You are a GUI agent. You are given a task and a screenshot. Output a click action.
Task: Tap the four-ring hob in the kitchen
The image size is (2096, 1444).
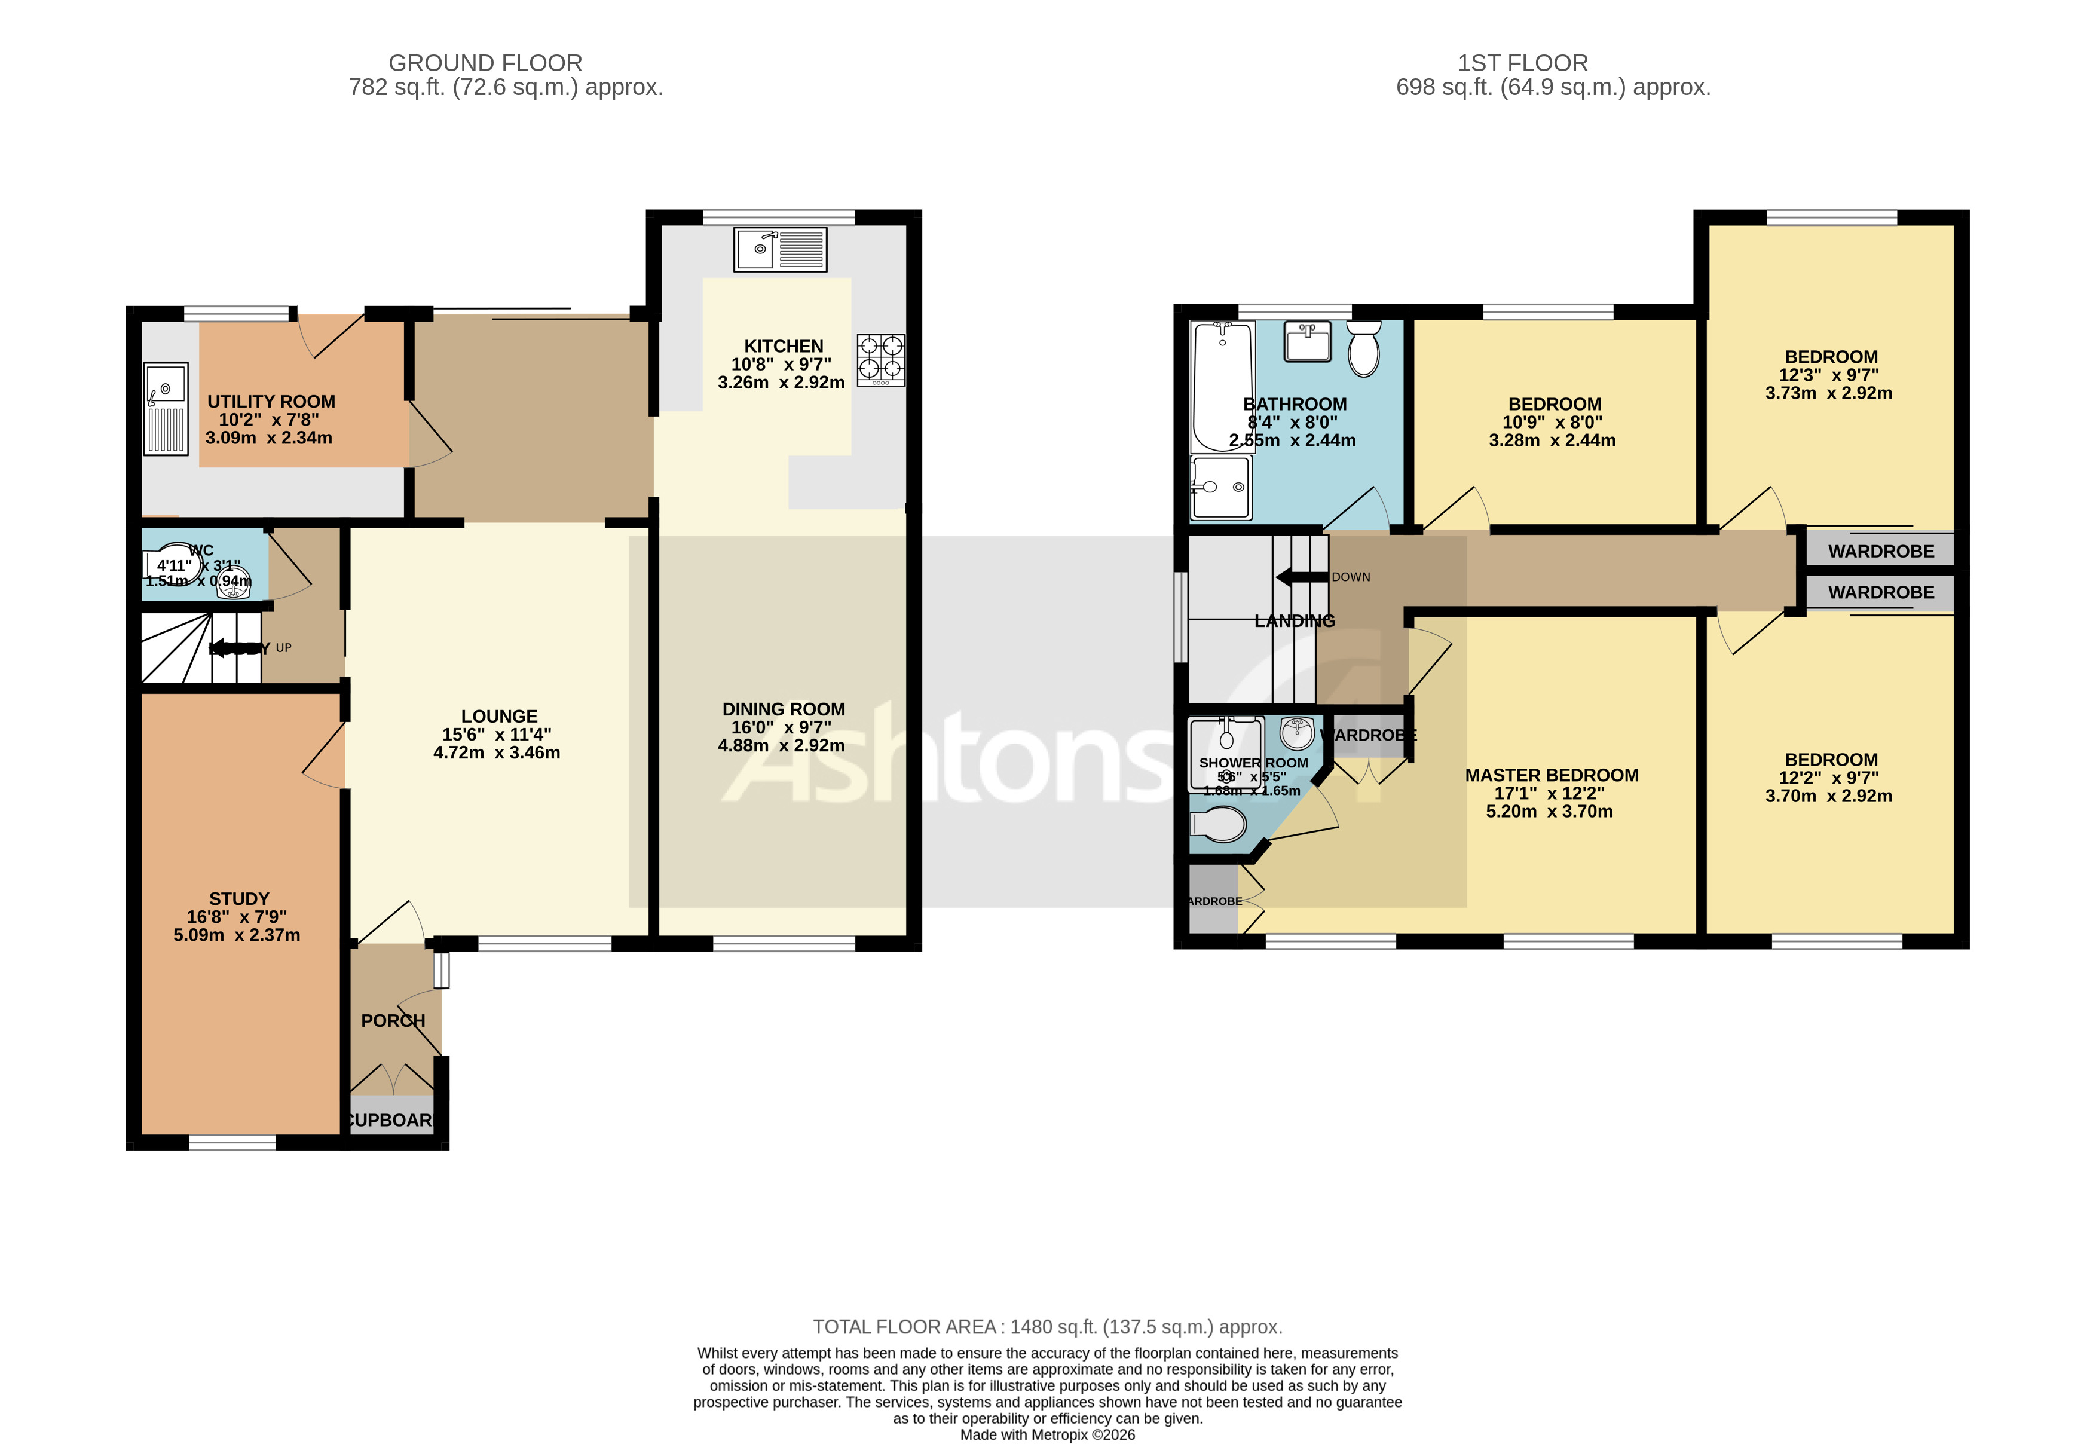coord(881,360)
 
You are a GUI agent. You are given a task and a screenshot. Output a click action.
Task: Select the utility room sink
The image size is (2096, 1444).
coord(166,409)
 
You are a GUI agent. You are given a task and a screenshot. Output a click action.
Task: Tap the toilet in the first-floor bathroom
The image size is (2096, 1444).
coord(1363,348)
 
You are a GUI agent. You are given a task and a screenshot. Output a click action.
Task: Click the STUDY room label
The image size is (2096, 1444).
coord(239,898)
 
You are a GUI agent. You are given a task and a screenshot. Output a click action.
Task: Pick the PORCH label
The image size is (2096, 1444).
coord(393,1021)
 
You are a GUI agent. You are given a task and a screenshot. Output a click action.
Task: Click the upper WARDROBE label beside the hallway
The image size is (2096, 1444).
coord(1881,551)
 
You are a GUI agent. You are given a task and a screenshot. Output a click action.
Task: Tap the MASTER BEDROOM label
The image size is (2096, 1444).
coord(1552,775)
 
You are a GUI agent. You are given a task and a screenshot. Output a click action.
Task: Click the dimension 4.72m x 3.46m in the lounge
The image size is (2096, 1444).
coord(497,752)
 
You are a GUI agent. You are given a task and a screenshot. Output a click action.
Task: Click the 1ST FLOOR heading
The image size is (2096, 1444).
coord(1522,63)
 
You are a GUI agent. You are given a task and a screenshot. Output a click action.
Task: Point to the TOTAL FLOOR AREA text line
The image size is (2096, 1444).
coord(1047,1326)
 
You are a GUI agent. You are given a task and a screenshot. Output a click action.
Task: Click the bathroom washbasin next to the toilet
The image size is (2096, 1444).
coord(1307,342)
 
